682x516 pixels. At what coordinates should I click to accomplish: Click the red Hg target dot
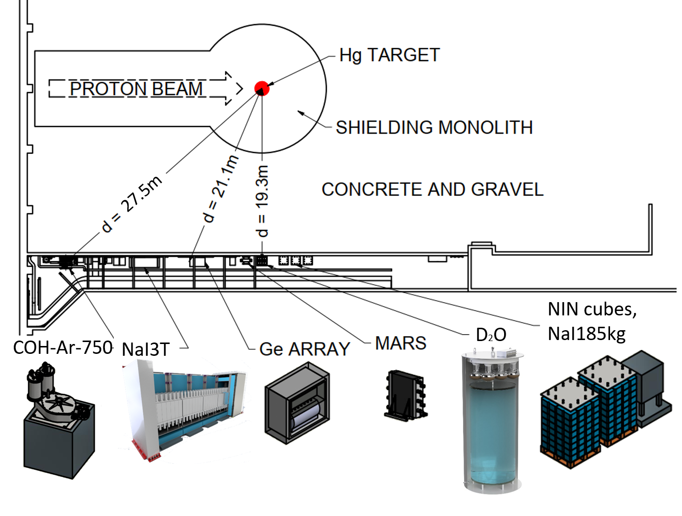coord(262,88)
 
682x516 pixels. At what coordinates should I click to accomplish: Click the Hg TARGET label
coord(389,55)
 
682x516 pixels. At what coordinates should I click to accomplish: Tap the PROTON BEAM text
coord(136,89)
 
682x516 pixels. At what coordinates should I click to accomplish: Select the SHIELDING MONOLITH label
coord(434,127)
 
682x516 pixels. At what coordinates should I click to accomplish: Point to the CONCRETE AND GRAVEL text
coord(432,189)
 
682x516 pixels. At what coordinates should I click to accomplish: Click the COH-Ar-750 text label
coord(63,347)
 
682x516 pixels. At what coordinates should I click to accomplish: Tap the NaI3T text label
coord(145,349)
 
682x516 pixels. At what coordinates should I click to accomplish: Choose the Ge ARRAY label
coord(304,349)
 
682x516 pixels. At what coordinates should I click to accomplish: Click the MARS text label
coord(400,343)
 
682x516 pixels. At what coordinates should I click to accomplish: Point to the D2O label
coord(491,335)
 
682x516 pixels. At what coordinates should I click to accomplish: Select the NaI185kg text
coord(586,334)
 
